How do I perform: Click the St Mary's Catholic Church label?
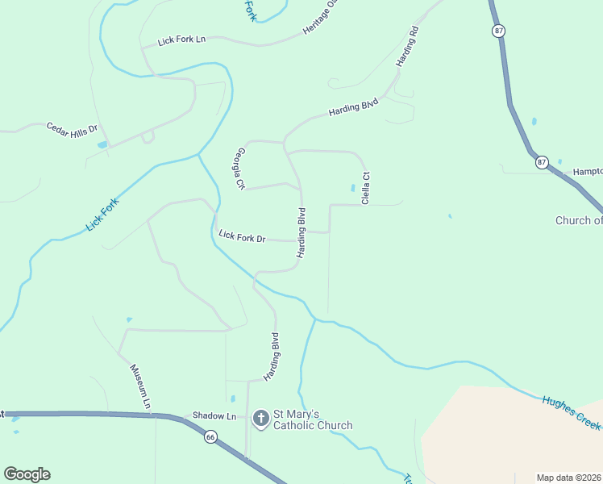pyautogui.click(x=312, y=419)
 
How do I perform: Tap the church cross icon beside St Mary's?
pyautogui.click(x=260, y=418)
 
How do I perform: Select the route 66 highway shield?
pyautogui.click(x=210, y=436)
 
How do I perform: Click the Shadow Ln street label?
pyautogui.click(x=214, y=416)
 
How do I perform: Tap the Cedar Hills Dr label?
pyautogui.click(x=72, y=128)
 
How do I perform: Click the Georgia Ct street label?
pyautogui.click(x=239, y=169)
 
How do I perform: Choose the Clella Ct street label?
pyautogui.click(x=365, y=187)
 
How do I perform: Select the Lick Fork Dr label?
pyautogui.click(x=242, y=237)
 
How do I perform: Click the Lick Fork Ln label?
pyautogui.click(x=182, y=39)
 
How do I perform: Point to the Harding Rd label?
pyautogui.click(x=408, y=47)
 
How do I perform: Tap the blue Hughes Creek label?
pyautogui.click(x=571, y=411)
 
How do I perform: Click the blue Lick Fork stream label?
pyautogui.click(x=102, y=215)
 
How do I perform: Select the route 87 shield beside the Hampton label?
pyautogui.click(x=542, y=162)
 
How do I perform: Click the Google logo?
pyautogui.click(x=27, y=474)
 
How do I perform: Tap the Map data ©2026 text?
pyautogui.click(x=569, y=478)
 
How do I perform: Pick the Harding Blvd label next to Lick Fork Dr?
pyautogui.click(x=301, y=233)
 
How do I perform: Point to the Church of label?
pyautogui.click(x=579, y=220)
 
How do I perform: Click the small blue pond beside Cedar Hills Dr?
pyautogui.click(x=102, y=144)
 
